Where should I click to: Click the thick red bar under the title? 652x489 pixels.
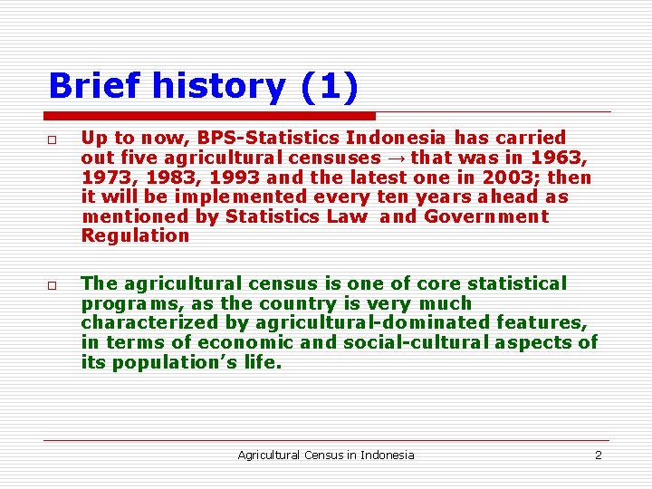tap(210, 116)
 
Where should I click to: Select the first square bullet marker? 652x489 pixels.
tap(54, 140)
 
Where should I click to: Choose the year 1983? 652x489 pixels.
tap(172, 178)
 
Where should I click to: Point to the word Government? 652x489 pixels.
tap(486, 217)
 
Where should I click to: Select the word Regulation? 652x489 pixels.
tap(135, 236)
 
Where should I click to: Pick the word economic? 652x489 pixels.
tap(244, 342)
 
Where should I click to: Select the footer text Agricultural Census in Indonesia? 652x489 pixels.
tap(325, 455)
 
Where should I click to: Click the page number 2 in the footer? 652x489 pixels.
tap(598, 455)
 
